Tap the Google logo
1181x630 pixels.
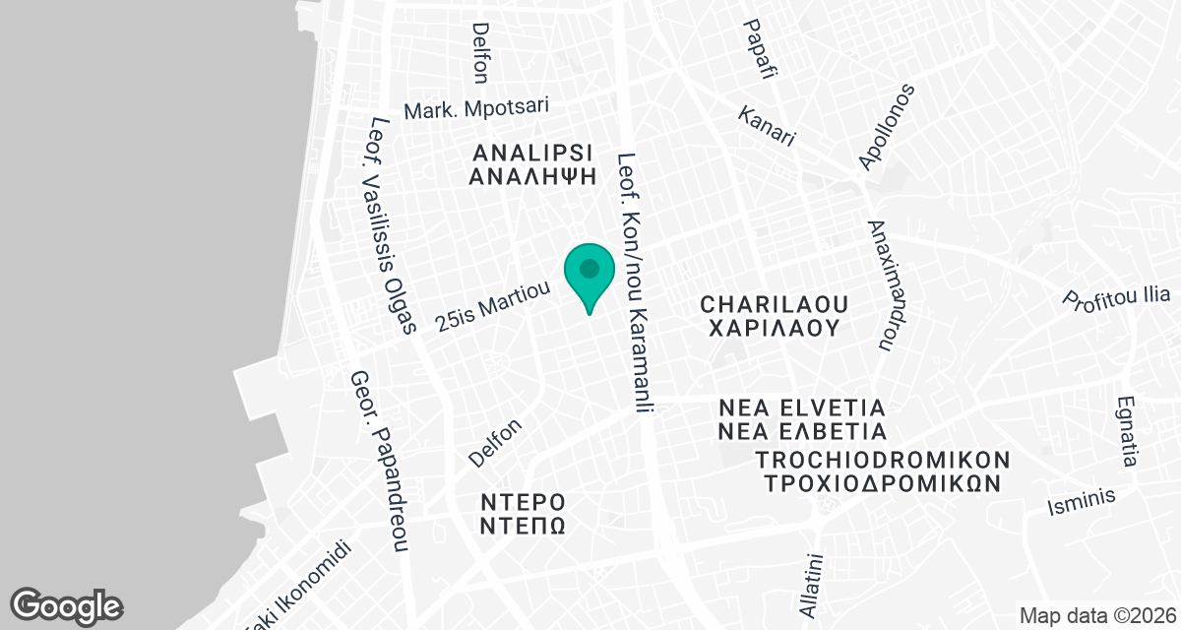(67, 604)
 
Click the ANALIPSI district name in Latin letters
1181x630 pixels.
(532, 153)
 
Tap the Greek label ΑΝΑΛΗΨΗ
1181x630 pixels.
(532, 177)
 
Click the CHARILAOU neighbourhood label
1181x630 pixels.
(774, 301)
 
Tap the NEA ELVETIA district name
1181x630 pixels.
(802, 408)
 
